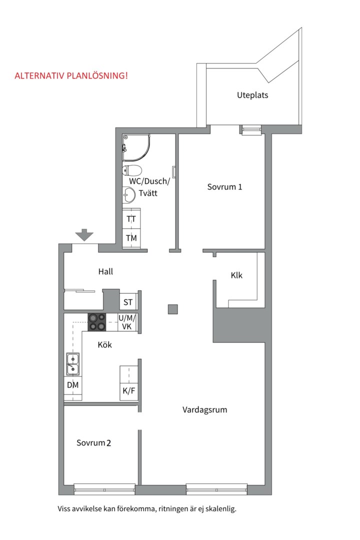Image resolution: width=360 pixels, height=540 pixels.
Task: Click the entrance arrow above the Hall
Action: [x=84, y=234]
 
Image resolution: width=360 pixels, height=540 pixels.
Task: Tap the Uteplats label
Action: [x=252, y=95]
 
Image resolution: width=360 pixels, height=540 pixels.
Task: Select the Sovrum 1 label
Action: [x=224, y=186]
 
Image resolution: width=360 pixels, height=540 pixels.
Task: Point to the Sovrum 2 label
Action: [x=93, y=442]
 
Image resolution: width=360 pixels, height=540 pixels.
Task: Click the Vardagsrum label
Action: [x=204, y=410]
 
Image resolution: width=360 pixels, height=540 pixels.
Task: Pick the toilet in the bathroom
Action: [x=132, y=170]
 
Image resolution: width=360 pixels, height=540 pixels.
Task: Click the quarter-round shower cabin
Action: [x=136, y=147]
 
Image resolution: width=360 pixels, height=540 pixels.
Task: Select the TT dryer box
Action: [x=131, y=218]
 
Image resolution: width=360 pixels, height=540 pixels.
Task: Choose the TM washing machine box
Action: [x=131, y=238]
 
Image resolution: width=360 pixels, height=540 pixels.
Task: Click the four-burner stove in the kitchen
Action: [x=97, y=322]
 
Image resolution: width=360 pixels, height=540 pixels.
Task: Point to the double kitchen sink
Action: [x=72, y=364]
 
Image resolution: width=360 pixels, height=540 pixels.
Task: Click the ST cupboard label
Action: [x=128, y=302]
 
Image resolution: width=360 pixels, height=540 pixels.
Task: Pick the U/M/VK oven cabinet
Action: [x=127, y=322]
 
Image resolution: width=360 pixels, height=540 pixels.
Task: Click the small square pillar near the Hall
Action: [x=173, y=309]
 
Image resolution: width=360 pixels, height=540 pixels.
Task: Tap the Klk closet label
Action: [x=236, y=275]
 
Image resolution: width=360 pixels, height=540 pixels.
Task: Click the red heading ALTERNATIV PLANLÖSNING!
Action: [x=71, y=75]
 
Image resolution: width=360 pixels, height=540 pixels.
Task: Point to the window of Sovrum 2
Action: [x=104, y=489]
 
